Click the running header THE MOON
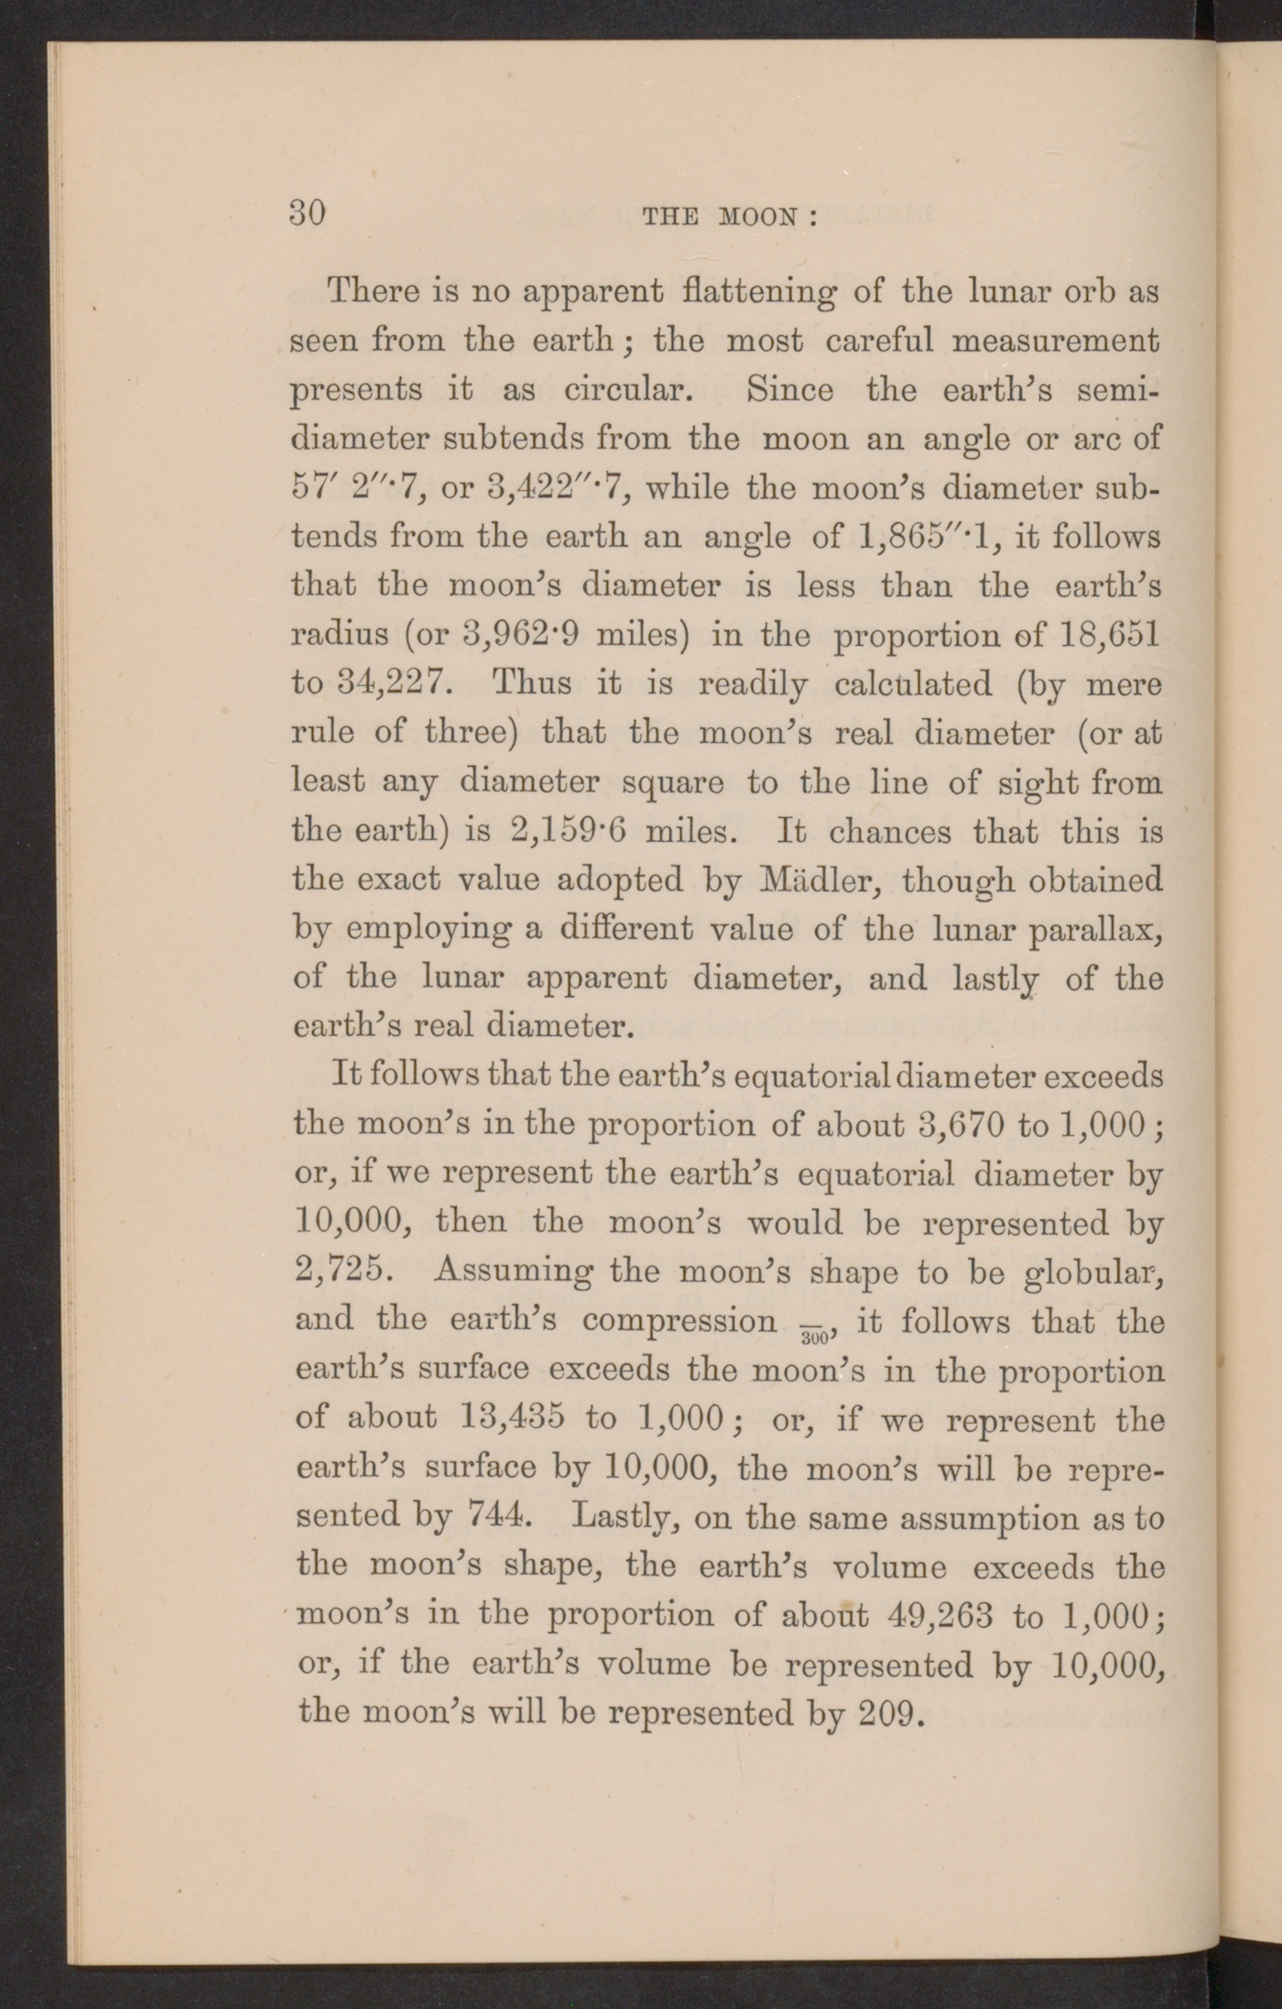pos(730,218)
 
